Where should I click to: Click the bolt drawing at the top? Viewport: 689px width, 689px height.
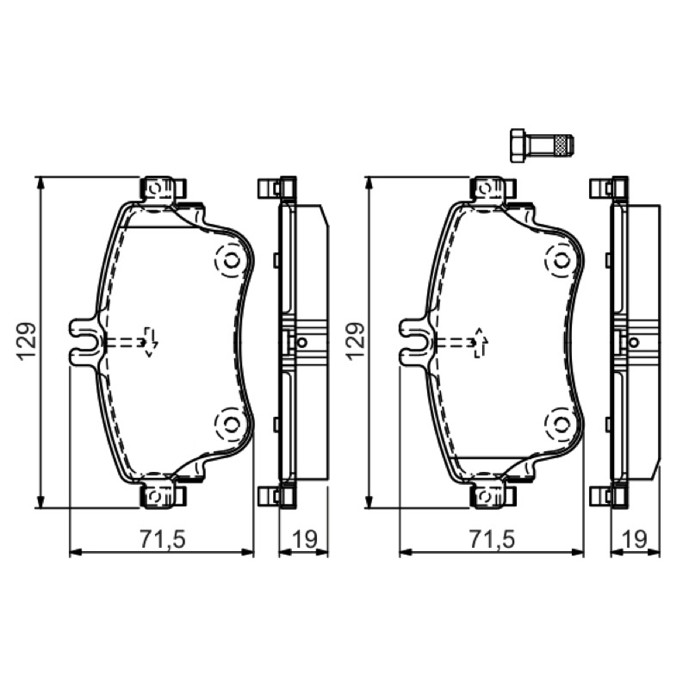click(x=542, y=146)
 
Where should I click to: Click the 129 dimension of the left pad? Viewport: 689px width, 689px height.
click(x=27, y=342)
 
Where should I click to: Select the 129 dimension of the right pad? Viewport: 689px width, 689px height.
click(x=357, y=342)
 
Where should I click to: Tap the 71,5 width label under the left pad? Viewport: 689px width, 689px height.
click(x=164, y=539)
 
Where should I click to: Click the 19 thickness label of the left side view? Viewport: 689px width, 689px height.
click(x=305, y=539)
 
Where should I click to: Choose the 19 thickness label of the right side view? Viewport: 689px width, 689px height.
click(x=635, y=539)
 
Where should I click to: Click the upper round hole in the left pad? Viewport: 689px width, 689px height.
click(x=230, y=262)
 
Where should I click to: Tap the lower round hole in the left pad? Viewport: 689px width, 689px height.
click(x=230, y=424)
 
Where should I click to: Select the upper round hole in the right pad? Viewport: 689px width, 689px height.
click(x=561, y=262)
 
